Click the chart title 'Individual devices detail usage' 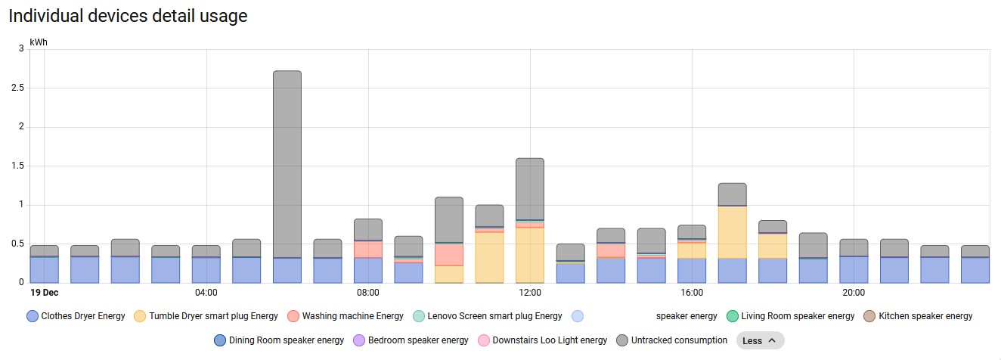click(x=128, y=16)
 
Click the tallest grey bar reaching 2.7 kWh click(x=287, y=163)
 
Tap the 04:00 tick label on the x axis click(x=206, y=293)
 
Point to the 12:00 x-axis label click(x=529, y=293)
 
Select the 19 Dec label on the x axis click(x=45, y=293)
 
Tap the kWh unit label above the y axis click(x=39, y=42)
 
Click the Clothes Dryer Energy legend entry click(x=76, y=316)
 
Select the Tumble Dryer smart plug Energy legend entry click(x=206, y=316)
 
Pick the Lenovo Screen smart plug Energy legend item click(x=488, y=316)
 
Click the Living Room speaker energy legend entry click(x=790, y=316)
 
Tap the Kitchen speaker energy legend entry click(x=918, y=316)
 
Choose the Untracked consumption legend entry click(x=671, y=340)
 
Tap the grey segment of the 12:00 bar click(x=530, y=188)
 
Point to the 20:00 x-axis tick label click(x=854, y=293)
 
